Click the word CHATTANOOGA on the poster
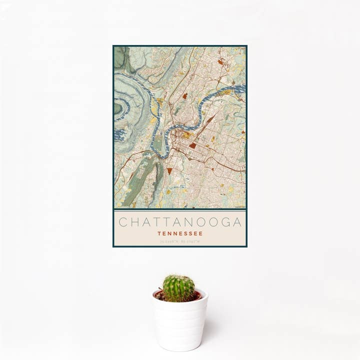coord(180,222)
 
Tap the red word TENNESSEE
coord(180,233)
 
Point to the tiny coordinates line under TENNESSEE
coord(180,241)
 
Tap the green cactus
coord(178,288)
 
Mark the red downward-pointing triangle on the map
coord(169,170)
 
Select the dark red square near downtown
coord(192,145)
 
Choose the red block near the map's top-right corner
coord(220,62)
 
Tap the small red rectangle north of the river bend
coord(184,95)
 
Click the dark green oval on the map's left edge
coord(117,108)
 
